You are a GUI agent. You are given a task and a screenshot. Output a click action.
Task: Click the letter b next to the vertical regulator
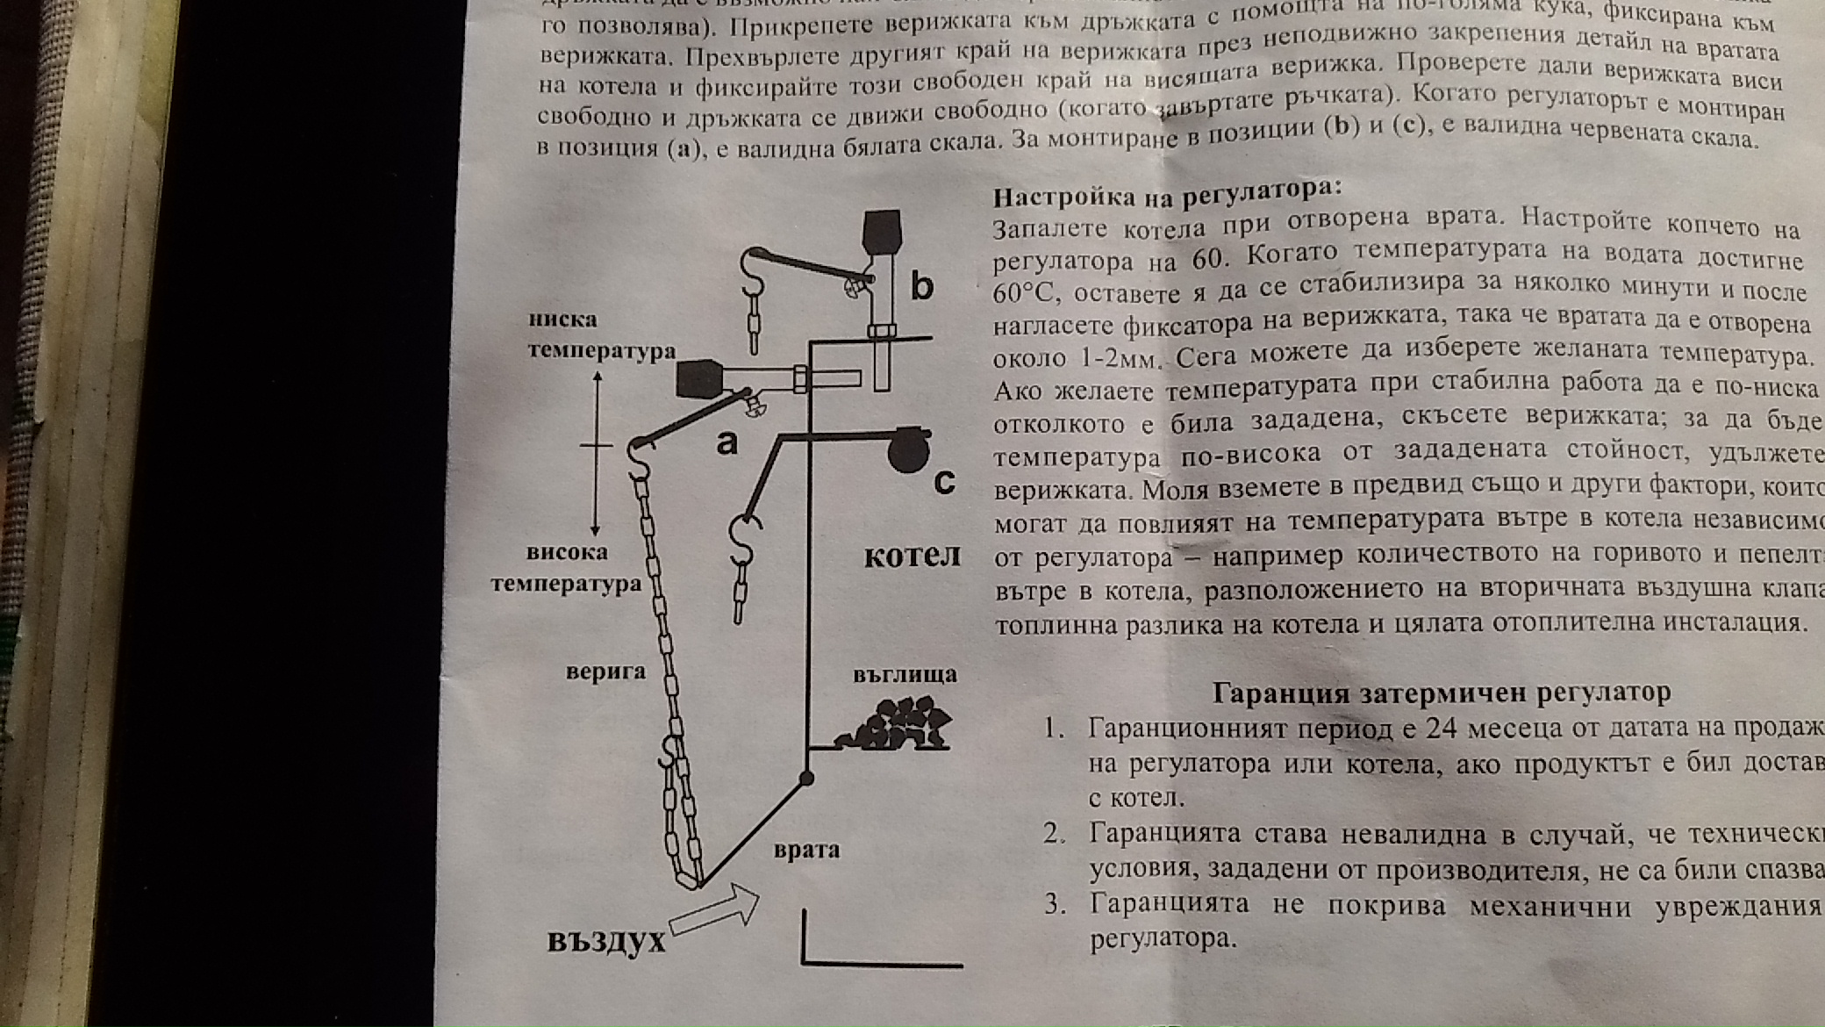(x=921, y=286)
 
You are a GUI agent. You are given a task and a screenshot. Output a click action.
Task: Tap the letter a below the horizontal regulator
(x=726, y=443)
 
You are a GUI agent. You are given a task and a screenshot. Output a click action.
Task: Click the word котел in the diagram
(x=912, y=557)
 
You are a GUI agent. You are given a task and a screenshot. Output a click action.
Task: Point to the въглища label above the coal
(x=905, y=674)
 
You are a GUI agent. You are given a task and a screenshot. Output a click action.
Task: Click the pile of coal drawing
(x=895, y=725)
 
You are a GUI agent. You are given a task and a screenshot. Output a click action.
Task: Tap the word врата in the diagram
(x=806, y=850)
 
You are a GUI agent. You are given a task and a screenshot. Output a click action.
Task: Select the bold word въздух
(x=606, y=941)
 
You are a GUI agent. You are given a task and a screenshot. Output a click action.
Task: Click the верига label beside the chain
(x=605, y=671)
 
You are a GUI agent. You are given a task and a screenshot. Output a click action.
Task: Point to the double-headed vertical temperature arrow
(x=597, y=452)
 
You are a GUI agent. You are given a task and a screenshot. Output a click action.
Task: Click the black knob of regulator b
(x=881, y=231)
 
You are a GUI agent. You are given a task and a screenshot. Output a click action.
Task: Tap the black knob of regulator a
(x=698, y=379)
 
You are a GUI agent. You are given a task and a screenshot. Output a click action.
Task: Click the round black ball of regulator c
(x=907, y=451)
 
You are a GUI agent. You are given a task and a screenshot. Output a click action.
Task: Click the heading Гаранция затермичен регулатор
(x=1441, y=693)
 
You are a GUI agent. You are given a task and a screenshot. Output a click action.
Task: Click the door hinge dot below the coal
(x=806, y=778)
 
